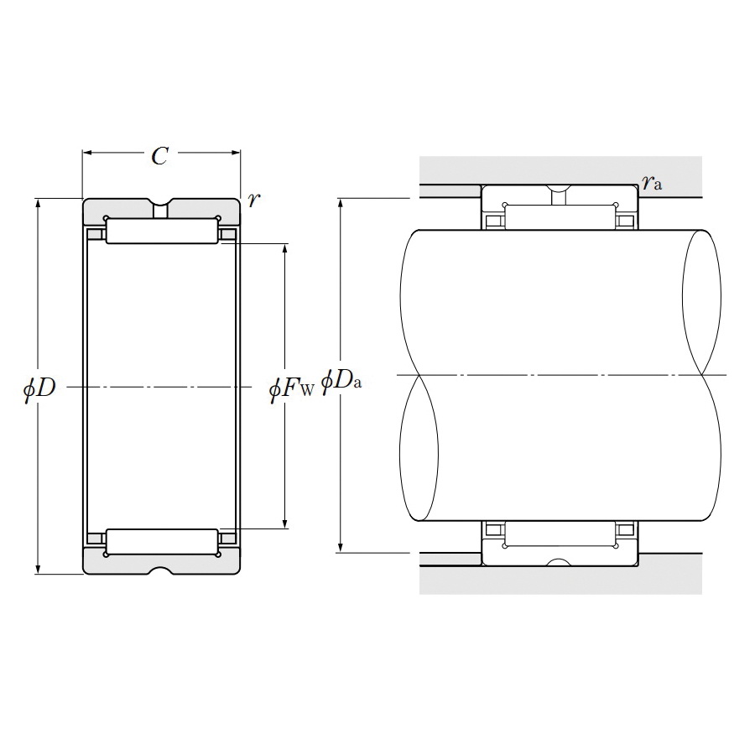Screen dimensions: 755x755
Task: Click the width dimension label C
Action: point(159,155)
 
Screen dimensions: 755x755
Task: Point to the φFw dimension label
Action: point(291,388)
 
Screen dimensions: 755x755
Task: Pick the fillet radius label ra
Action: point(652,181)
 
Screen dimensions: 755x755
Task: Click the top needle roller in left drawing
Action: point(162,231)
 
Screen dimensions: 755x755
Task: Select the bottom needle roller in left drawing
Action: point(162,542)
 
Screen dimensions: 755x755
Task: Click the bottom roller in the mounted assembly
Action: point(560,533)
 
